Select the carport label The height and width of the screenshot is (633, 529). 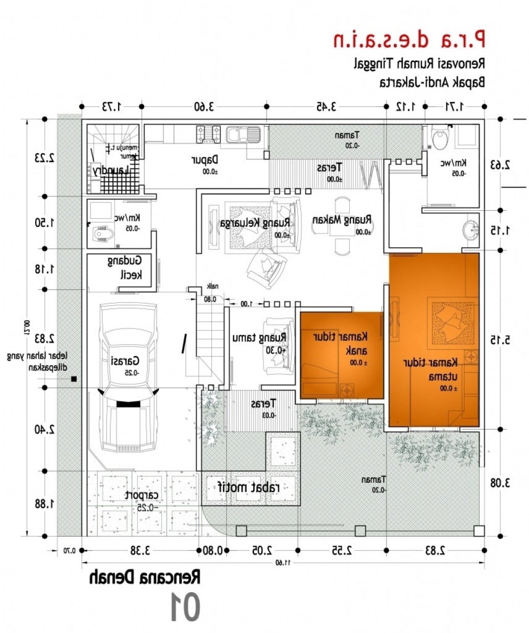tap(142, 496)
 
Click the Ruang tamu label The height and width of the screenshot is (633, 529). tap(260, 338)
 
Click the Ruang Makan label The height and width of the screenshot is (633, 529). tap(342, 221)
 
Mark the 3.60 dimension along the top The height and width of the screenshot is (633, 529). tap(203, 106)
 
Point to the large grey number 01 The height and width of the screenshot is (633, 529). tap(184, 607)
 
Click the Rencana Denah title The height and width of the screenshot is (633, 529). tap(145, 578)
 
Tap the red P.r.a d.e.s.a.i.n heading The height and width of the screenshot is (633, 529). tap(409, 39)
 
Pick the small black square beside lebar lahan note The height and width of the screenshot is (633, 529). tap(74, 379)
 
